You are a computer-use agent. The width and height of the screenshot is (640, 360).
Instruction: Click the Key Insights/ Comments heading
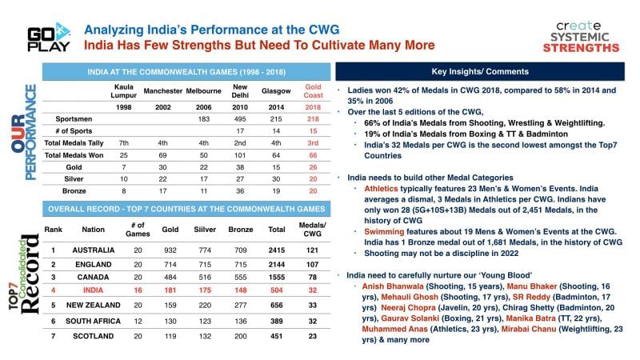484,70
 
